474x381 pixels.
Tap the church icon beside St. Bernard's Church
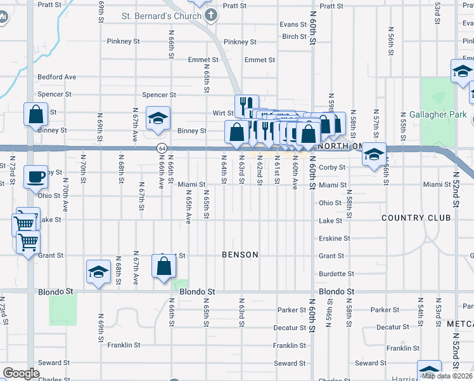[210, 15]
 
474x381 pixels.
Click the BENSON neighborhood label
[240, 255]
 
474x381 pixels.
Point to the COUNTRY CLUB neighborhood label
[416, 218]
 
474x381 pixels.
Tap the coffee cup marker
[35, 176]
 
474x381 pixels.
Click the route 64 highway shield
[162, 148]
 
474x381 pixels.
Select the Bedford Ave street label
[56, 77]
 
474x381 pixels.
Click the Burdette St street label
[336, 274]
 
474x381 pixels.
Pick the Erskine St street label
[334, 239]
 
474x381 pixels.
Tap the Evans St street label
[293, 25]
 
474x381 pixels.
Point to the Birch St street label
[295, 37]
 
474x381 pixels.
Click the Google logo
[21, 373]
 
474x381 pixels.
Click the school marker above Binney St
[158, 118]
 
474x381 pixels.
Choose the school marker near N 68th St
[98, 271]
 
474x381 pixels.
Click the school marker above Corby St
[375, 154]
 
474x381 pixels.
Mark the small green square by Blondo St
[181, 285]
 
